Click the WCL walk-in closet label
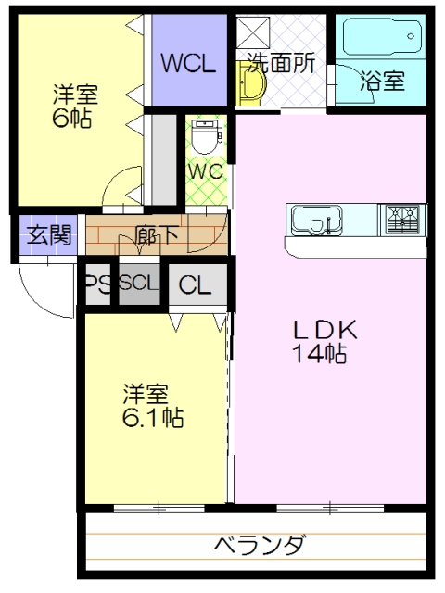point(189,63)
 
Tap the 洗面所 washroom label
point(281,62)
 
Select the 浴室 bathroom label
point(383,81)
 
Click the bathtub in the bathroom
point(382,37)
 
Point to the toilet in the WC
point(206,136)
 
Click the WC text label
point(206,172)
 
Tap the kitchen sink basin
point(317,221)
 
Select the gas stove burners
point(402,219)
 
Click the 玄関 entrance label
point(49,234)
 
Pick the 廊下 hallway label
point(157,234)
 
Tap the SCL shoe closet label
point(138,283)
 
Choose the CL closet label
point(195,284)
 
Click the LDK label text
point(325,330)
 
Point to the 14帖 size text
point(320,354)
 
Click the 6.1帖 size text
point(153,417)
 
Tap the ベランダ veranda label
point(260,545)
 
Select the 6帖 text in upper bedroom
point(72,118)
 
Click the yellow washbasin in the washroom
point(249,83)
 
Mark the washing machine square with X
point(253,32)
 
